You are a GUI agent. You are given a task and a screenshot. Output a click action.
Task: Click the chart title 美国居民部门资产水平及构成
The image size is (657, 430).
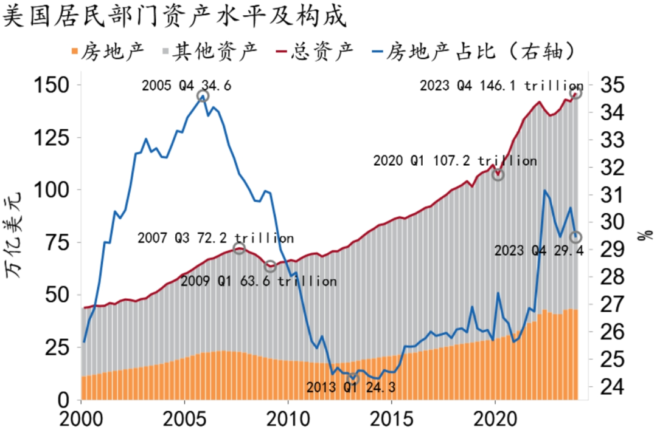coord(175,16)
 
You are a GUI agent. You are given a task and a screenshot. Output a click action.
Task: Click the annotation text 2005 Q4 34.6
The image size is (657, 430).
coord(186,86)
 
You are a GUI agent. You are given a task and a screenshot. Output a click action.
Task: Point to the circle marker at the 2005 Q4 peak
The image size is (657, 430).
coord(203,96)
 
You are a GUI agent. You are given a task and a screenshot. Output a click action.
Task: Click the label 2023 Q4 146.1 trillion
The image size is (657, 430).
coord(501,86)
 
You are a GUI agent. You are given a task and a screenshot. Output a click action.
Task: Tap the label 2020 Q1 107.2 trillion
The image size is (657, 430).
coord(454,161)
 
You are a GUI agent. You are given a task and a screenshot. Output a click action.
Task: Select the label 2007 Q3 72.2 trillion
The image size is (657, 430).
coord(215,237)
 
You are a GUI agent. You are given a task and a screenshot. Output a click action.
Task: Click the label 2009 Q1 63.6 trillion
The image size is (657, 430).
coord(259,281)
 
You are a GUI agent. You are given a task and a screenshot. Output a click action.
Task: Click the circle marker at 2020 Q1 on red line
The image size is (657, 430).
coord(498,175)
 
